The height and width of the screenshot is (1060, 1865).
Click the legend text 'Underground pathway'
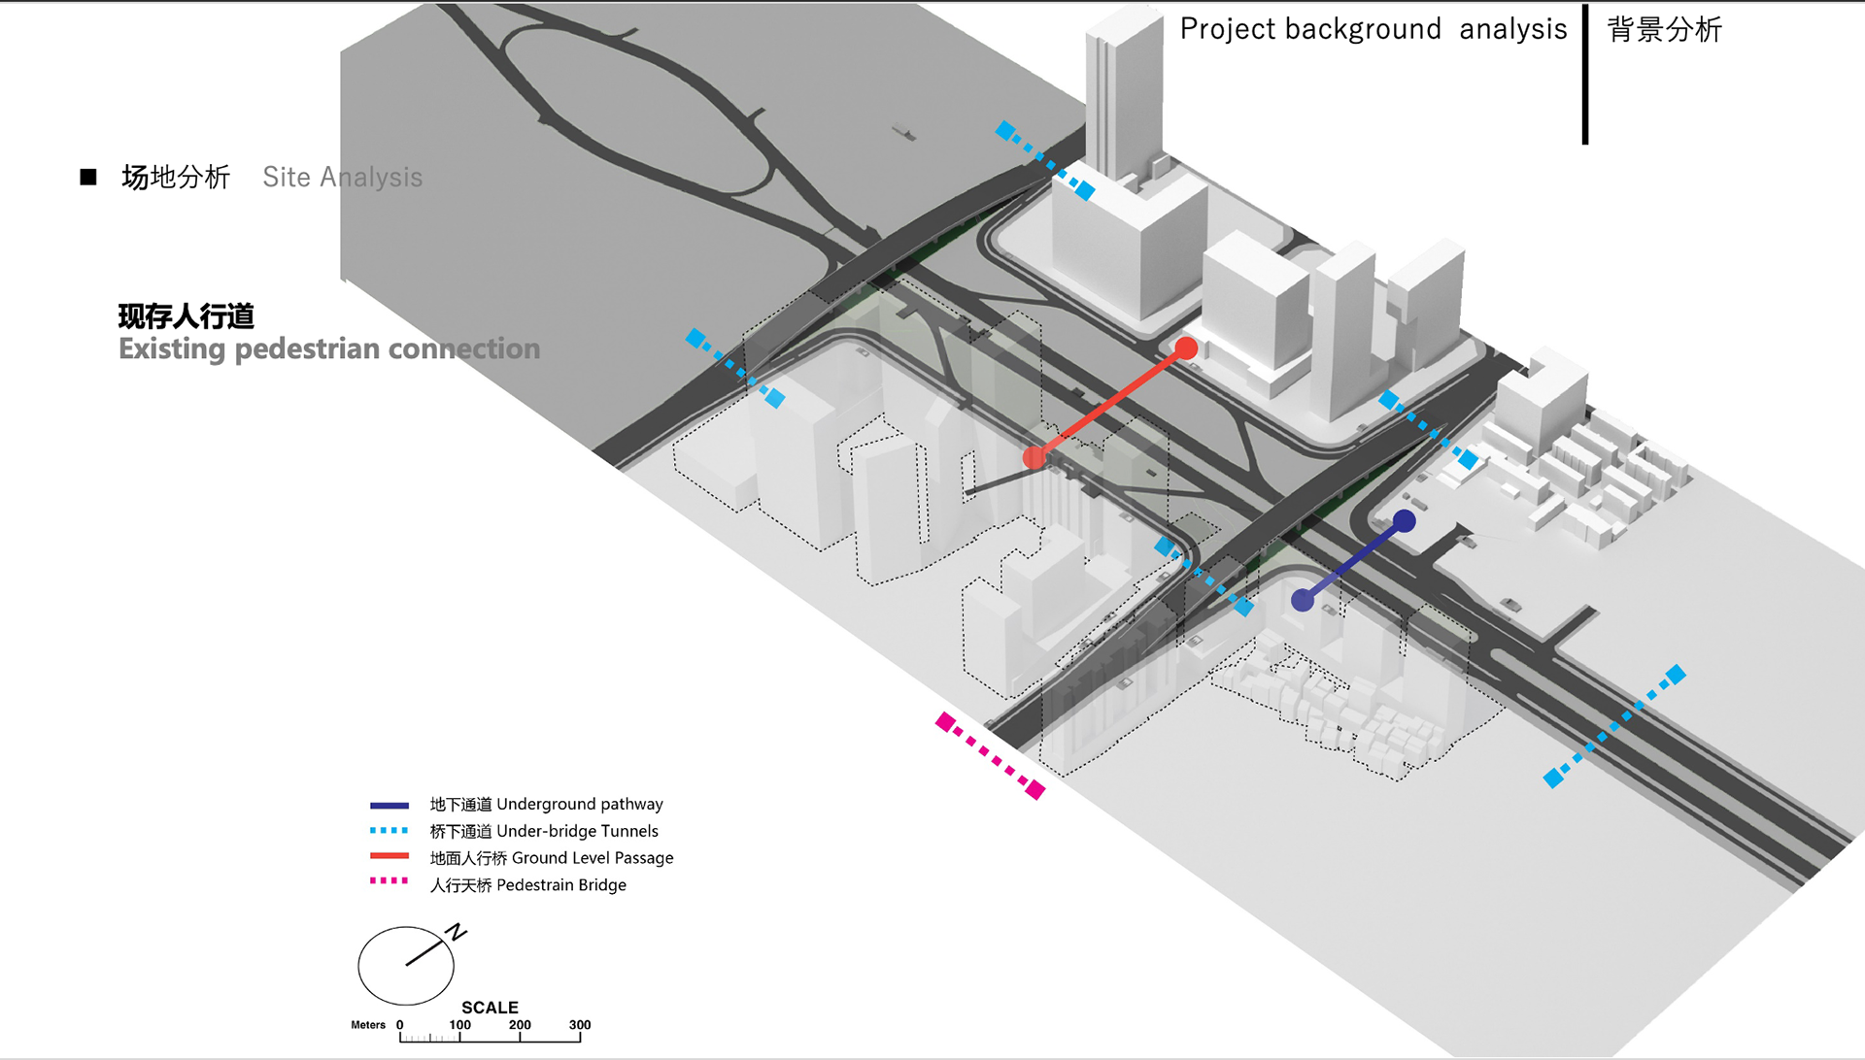(x=579, y=805)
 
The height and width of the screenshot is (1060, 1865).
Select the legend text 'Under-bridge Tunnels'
(x=577, y=832)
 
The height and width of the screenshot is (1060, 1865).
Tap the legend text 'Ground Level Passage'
(x=592, y=859)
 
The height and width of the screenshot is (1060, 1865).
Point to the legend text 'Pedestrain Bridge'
(x=560, y=886)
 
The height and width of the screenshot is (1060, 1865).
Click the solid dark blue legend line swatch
(x=390, y=806)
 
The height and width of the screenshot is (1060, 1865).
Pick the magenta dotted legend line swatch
(x=390, y=881)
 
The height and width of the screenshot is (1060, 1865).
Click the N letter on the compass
(x=457, y=933)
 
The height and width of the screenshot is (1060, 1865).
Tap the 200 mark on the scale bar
(x=520, y=1026)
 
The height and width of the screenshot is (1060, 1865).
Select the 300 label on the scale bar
(x=580, y=1025)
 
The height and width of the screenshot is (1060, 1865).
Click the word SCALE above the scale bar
(x=490, y=1008)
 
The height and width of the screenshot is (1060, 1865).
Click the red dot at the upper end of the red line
(x=1186, y=348)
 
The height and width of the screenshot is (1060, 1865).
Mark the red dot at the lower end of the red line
(x=1034, y=457)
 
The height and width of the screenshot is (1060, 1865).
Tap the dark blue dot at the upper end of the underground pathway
(x=1405, y=521)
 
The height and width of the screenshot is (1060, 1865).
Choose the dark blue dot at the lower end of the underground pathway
(x=1303, y=601)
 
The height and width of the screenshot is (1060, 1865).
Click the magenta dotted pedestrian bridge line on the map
(x=991, y=755)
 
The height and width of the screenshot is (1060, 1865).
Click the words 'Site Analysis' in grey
(x=342, y=178)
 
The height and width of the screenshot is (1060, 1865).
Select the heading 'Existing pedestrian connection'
(x=329, y=349)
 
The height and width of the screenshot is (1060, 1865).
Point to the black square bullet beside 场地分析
(x=88, y=177)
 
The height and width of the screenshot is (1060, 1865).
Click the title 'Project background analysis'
(x=1373, y=29)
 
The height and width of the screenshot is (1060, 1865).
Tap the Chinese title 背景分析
(x=1664, y=30)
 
